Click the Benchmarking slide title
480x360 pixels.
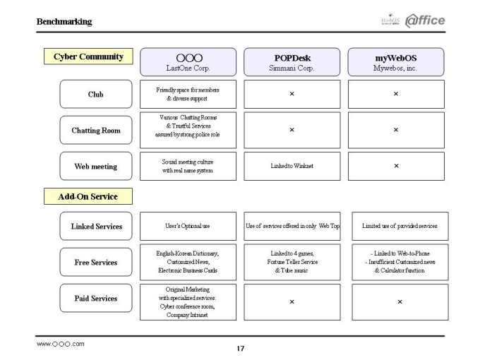[x=64, y=22]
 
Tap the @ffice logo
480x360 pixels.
[x=425, y=20]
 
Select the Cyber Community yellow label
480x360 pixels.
[x=88, y=56]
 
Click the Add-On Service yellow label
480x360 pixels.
[x=88, y=196]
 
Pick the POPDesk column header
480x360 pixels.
[x=292, y=62]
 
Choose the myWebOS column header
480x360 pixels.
[x=396, y=62]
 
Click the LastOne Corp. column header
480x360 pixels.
[x=188, y=62]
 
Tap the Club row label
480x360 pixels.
[x=96, y=94]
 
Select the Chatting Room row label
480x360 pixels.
[x=96, y=130]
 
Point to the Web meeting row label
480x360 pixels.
[x=96, y=166]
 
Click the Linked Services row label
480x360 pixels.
[x=96, y=226]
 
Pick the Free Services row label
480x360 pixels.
[x=96, y=263]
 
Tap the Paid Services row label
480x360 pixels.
[x=96, y=298]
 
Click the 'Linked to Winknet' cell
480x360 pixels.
[x=292, y=166]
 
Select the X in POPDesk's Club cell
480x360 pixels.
[x=292, y=94]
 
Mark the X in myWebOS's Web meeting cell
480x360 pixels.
[x=397, y=166]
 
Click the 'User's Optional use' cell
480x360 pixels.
[x=188, y=226]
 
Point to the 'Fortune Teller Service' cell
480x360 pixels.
[x=292, y=262]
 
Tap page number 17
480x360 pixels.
[x=240, y=349]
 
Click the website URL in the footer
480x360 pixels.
[x=60, y=344]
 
